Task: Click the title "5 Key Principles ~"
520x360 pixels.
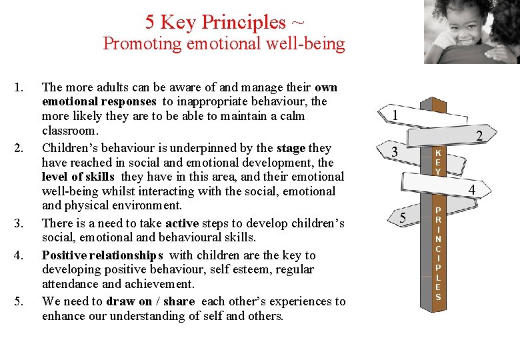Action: click(x=225, y=22)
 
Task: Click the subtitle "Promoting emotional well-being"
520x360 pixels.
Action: click(x=224, y=44)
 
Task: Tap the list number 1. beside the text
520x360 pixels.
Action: click(x=19, y=87)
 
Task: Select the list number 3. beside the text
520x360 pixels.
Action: click(x=19, y=223)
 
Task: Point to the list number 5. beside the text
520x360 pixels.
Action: click(x=19, y=301)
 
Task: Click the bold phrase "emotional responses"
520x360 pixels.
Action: click(x=99, y=101)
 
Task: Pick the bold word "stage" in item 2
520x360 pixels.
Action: click(x=290, y=148)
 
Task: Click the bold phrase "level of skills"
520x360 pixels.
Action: click(x=78, y=177)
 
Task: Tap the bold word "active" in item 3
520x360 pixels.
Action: click(x=184, y=223)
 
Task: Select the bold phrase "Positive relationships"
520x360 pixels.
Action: click(x=102, y=255)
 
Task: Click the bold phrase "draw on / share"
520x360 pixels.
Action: click(x=150, y=301)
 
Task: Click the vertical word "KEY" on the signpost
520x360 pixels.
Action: click(x=438, y=162)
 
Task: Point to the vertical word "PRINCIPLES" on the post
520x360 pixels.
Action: click(x=438, y=253)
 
